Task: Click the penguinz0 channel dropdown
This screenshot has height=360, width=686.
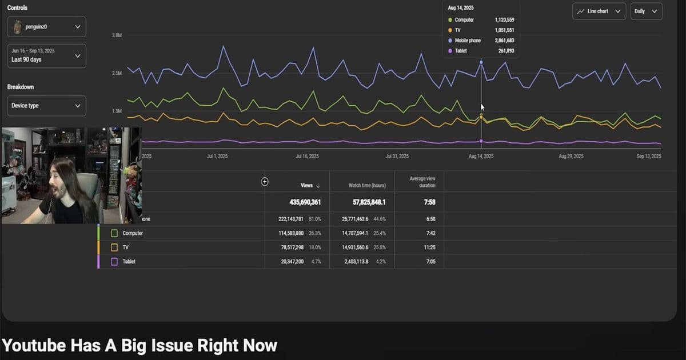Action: point(47,27)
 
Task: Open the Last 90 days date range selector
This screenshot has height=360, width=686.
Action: point(47,56)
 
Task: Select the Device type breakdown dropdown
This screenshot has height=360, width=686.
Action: point(47,106)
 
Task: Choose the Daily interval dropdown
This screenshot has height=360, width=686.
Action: point(647,11)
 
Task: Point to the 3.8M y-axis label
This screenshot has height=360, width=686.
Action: point(117,35)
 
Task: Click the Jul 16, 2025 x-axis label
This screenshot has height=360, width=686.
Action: point(308,156)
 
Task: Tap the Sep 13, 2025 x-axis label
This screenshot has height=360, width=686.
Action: point(648,156)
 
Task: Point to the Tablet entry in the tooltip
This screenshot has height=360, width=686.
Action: point(460,51)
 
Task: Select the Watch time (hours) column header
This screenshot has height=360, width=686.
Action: point(367,185)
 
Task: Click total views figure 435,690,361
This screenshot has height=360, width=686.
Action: point(298,202)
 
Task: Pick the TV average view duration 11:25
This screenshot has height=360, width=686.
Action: point(422,247)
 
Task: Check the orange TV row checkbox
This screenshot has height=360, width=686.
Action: point(114,247)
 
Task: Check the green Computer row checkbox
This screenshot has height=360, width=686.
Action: point(114,233)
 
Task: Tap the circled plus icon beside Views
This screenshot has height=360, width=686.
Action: point(265,182)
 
